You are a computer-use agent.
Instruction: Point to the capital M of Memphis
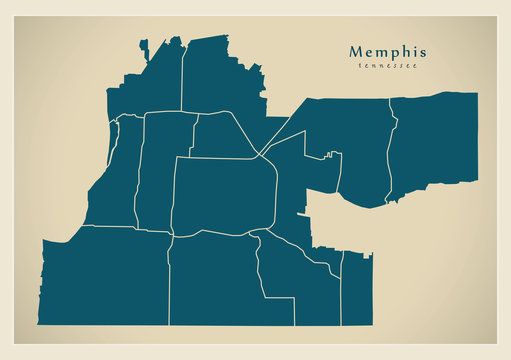[357, 51]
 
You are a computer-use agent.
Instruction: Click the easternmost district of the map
[435, 140]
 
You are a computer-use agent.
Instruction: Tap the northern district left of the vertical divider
[150, 85]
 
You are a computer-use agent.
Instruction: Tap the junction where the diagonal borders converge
[259, 155]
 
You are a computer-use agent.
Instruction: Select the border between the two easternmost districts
[393, 145]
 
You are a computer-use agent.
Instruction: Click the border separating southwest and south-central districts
[168, 285]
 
